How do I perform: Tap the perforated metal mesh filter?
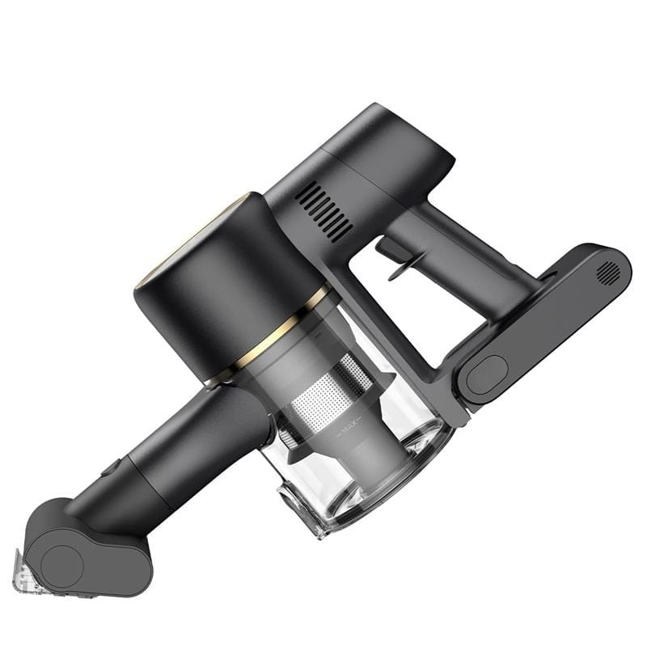tap(330, 392)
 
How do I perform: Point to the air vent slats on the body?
tap(326, 211)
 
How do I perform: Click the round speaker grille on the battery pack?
tap(608, 273)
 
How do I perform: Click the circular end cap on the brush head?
tap(62, 565)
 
